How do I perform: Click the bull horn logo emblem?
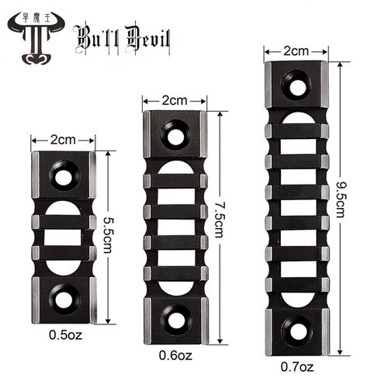coord(36,38)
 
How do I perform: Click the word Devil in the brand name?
coord(148,40)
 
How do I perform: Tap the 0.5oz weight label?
coord(65,335)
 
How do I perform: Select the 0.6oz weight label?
coord(175,355)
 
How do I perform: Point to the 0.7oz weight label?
coord(297,367)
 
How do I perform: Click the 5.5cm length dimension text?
coord(107,235)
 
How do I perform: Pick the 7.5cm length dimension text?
coord(219,220)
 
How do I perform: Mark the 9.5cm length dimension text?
coord(340,199)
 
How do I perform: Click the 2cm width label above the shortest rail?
coord(63,140)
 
